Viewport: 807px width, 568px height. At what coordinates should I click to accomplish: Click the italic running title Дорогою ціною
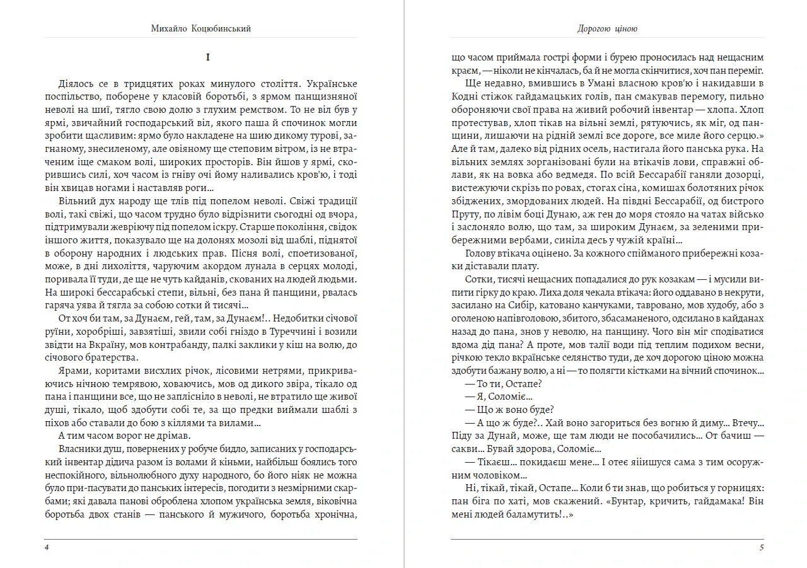(608, 29)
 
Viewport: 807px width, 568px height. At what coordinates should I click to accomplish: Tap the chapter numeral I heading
(208, 57)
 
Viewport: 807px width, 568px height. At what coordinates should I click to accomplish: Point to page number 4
(47, 547)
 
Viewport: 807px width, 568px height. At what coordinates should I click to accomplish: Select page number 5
(761, 547)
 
